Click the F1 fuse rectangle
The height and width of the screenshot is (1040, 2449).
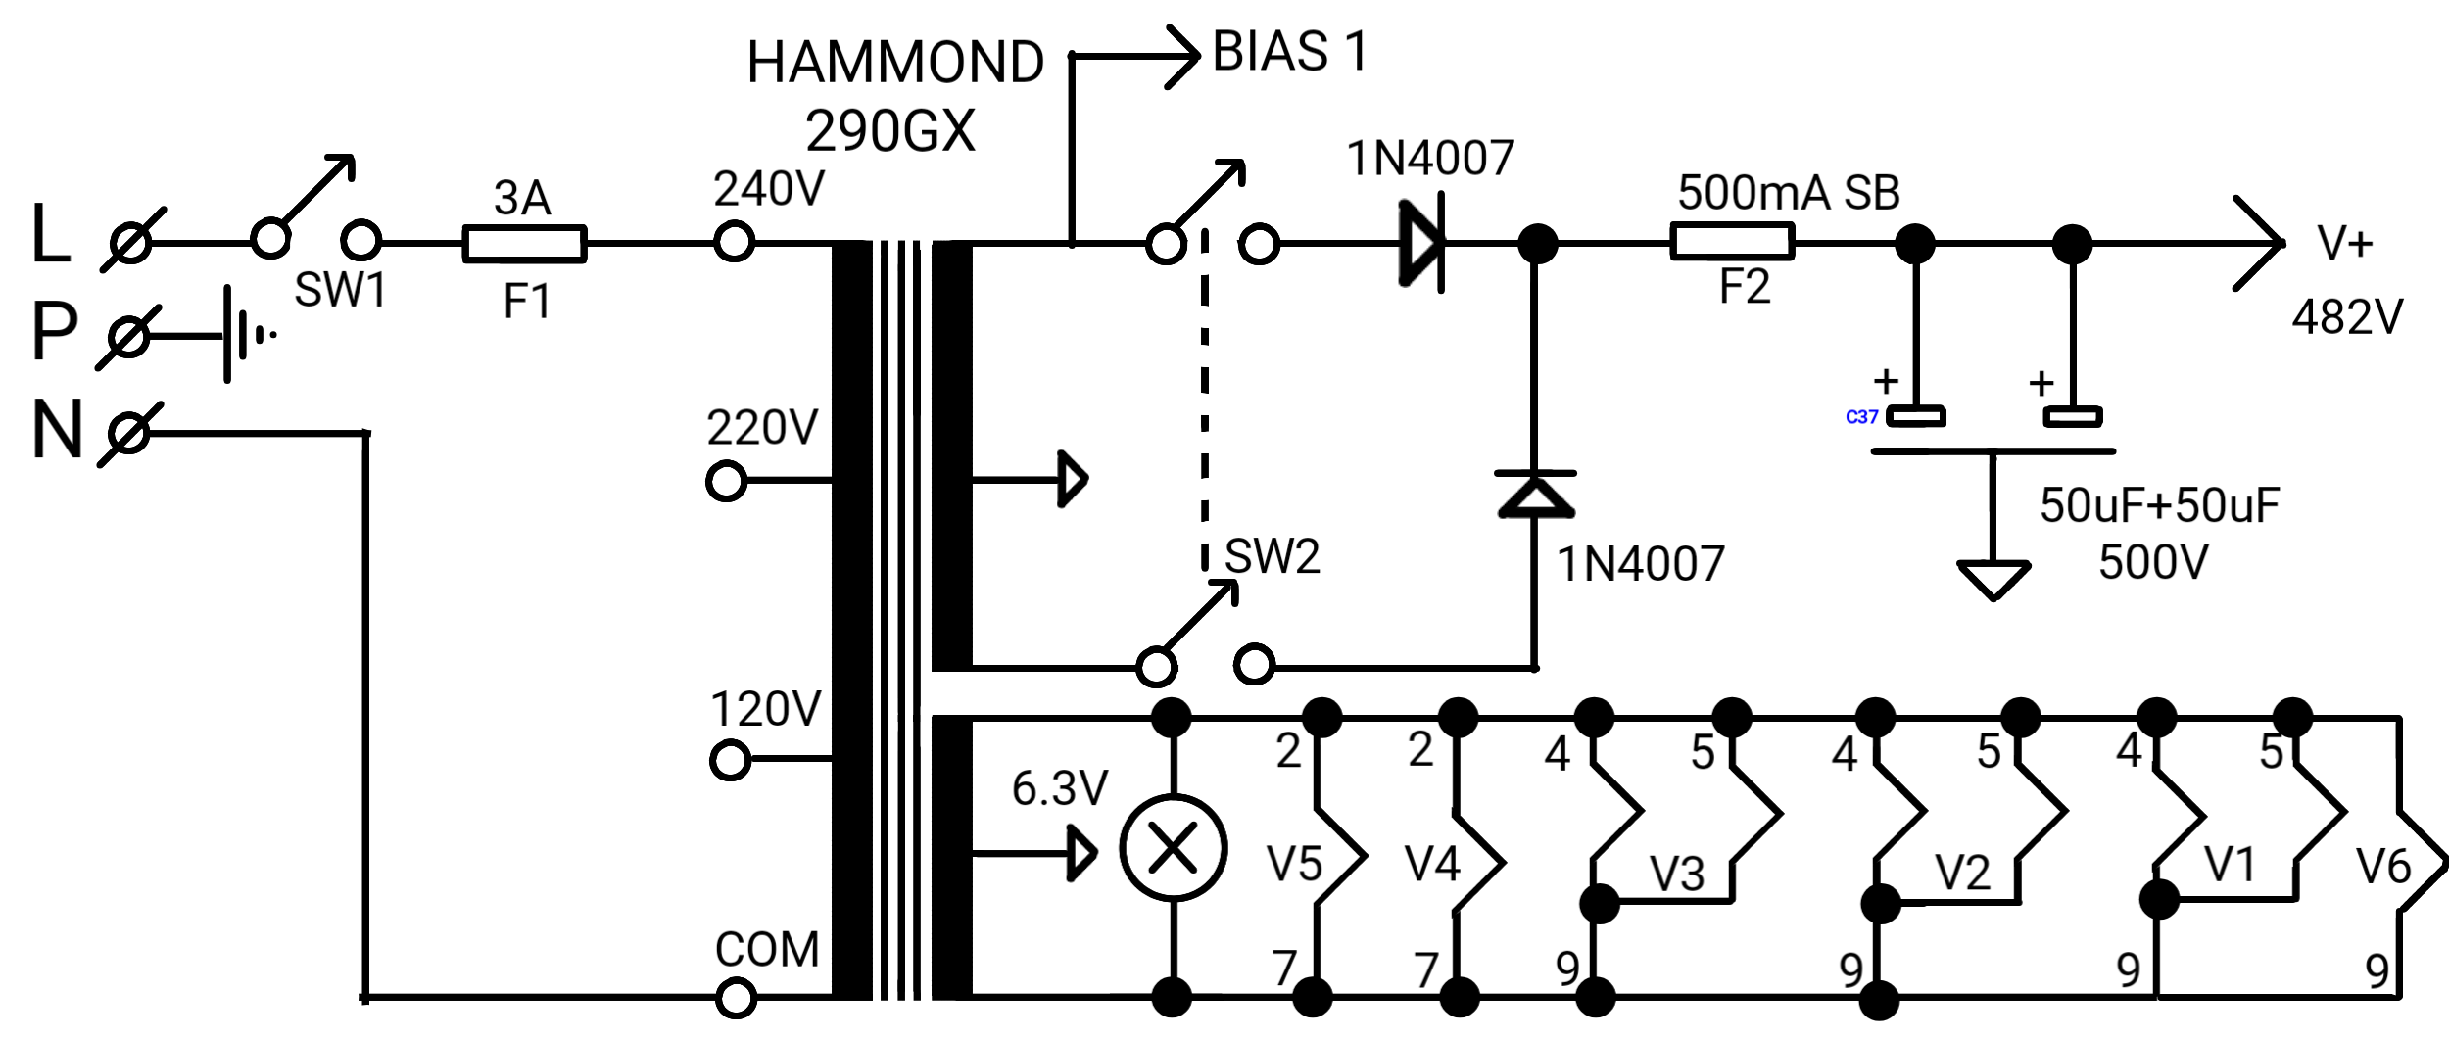(x=524, y=244)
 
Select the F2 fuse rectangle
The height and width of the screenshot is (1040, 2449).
(x=1732, y=241)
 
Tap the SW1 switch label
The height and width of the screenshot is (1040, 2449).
(x=341, y=290)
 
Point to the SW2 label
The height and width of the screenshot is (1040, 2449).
(x=1273, y=556)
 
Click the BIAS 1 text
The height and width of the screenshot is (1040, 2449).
(x=1289, y=51)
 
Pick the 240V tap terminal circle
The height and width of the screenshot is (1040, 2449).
(x=734, y=241)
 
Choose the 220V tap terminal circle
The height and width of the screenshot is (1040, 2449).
(x=726, y=482)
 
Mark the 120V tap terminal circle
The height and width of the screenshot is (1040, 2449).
(x=730, y=760)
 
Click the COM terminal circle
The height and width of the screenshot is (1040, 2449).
(x=736, y=999)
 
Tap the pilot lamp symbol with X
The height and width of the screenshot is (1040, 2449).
(x=1173, y=848)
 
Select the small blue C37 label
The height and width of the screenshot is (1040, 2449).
(x=1861, y=417)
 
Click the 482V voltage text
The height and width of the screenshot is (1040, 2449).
(x=2347, y=317)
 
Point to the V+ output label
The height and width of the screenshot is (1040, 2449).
(x=2345, y=243)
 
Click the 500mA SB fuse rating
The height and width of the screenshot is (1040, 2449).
(x=1789, y=193)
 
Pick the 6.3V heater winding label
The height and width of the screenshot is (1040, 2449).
(x=1060, y=787)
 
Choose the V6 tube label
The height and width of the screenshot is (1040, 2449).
(x=2383, y=867)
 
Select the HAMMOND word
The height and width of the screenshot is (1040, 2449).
(x=895, y=62)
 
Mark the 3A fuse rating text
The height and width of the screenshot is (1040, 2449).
(x=522, y=198)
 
